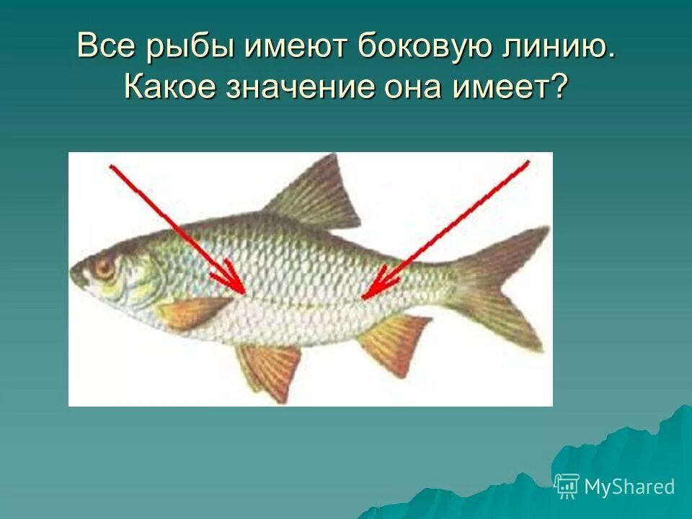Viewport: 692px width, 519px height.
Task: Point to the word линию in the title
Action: [x=555, y=48]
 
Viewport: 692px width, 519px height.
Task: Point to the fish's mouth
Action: [x=74, y=277]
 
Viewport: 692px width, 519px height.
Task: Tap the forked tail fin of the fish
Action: [x=505, y=285]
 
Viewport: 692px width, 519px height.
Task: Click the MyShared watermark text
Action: [x=629, y=487]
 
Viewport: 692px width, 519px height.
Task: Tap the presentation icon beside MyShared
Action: [x=567, y=487]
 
